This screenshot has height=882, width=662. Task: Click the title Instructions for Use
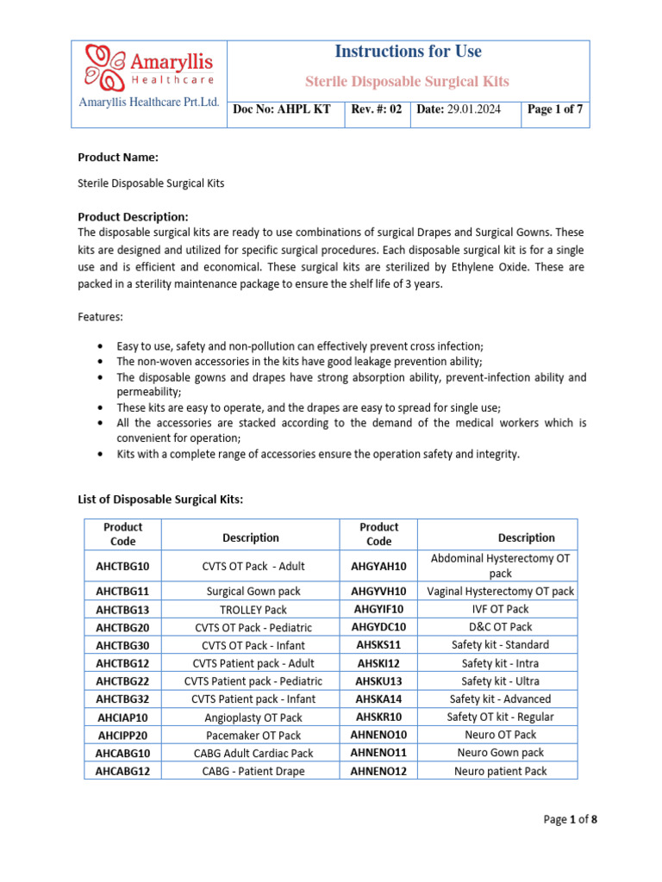(408, 52)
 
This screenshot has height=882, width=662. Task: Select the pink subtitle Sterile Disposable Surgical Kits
(408, 82)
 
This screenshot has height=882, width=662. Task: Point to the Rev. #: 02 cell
(377, 110)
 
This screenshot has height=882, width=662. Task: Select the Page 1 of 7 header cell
(555, 110)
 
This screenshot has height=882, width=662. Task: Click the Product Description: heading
(133, 217)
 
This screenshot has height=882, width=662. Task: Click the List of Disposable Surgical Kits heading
(160, 500)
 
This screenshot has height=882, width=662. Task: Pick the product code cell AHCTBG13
(122, 609)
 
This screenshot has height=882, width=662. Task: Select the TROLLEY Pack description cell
(251, 609)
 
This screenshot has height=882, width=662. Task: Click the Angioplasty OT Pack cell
(251, 717)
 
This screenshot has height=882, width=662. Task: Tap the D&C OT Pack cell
(500, 627)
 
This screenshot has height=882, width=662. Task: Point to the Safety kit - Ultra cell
(500, 681)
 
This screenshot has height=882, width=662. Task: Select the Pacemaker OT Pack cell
(251, 736)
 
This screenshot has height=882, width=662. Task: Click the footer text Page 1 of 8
(570, 820)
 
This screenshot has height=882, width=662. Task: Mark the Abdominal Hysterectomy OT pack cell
(500, 566)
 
